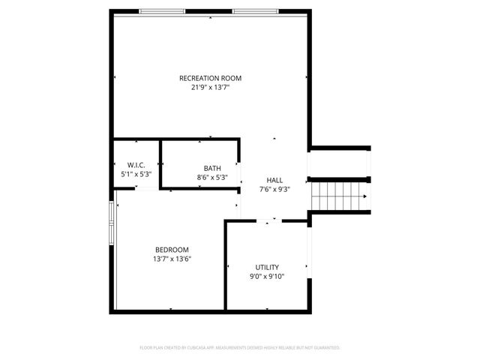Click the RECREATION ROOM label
210,78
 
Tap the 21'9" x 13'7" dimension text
210,87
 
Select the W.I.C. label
136,165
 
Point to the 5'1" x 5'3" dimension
136,174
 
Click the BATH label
212,168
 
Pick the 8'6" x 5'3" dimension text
212,178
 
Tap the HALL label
274,180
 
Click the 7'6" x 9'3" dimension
274,190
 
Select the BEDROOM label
172,250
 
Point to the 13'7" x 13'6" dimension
172,259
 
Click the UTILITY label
267,267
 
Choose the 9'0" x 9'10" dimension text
267,277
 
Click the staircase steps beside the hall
337,198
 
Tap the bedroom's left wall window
112,223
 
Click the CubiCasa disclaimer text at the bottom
240,348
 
